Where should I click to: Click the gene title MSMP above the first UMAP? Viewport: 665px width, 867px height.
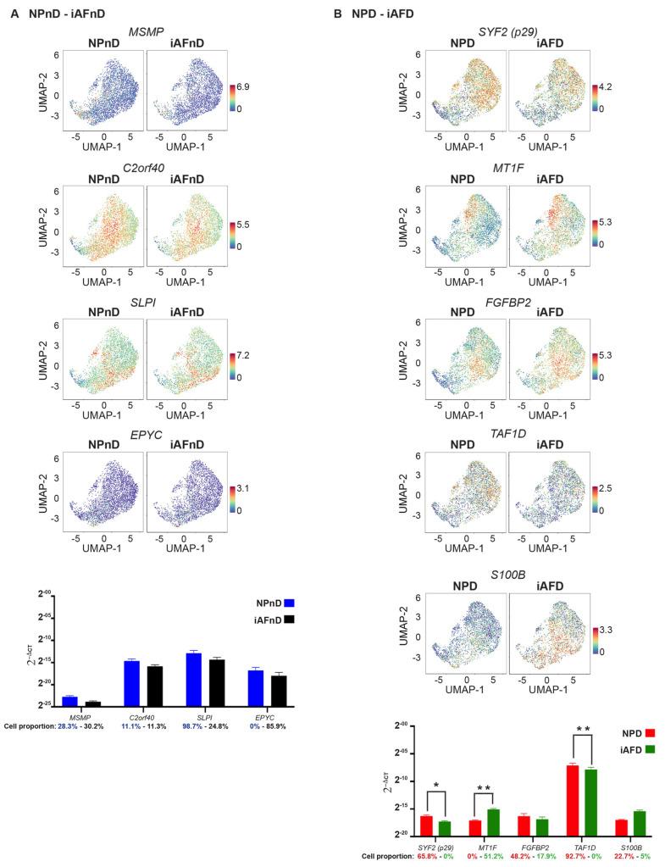click(x=143, y=31)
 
